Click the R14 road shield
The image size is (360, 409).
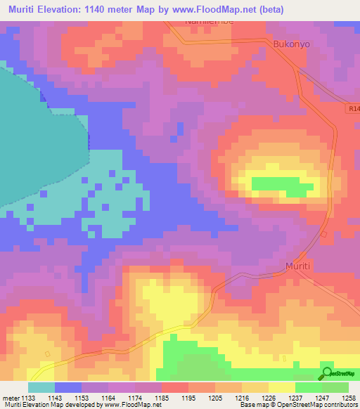pos(353,109)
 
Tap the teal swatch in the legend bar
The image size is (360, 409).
pos(41,387)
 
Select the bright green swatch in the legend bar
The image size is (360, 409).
pos(309,387)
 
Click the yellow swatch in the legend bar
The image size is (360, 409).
pos(282,387)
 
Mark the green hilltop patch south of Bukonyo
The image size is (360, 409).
pos(281,186)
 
